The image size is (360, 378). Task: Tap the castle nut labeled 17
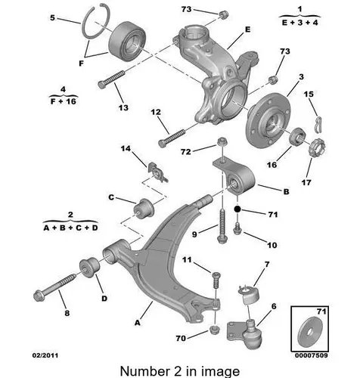tap(317, 147)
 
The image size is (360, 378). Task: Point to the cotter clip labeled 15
tap(319, 124)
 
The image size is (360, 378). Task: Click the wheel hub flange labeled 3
tap(268, 121)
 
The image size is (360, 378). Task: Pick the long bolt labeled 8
tap(54, 286)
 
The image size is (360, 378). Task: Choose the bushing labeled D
tap(89, 267)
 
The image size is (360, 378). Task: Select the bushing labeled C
tap(144, 209)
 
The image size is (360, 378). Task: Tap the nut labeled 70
tap(214, 330)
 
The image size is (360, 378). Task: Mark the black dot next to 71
tap(237, 209)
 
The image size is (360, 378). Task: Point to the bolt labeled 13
tap(111, 79)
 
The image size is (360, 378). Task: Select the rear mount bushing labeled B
tap(234, 176)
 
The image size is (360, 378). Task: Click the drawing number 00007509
tap(312, 355)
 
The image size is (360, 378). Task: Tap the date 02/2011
tap(45, 355)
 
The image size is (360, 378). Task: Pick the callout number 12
tap(156, 112)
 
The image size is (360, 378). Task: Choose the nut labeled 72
tap(222, 142)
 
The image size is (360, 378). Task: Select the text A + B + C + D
tap(70, 228)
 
